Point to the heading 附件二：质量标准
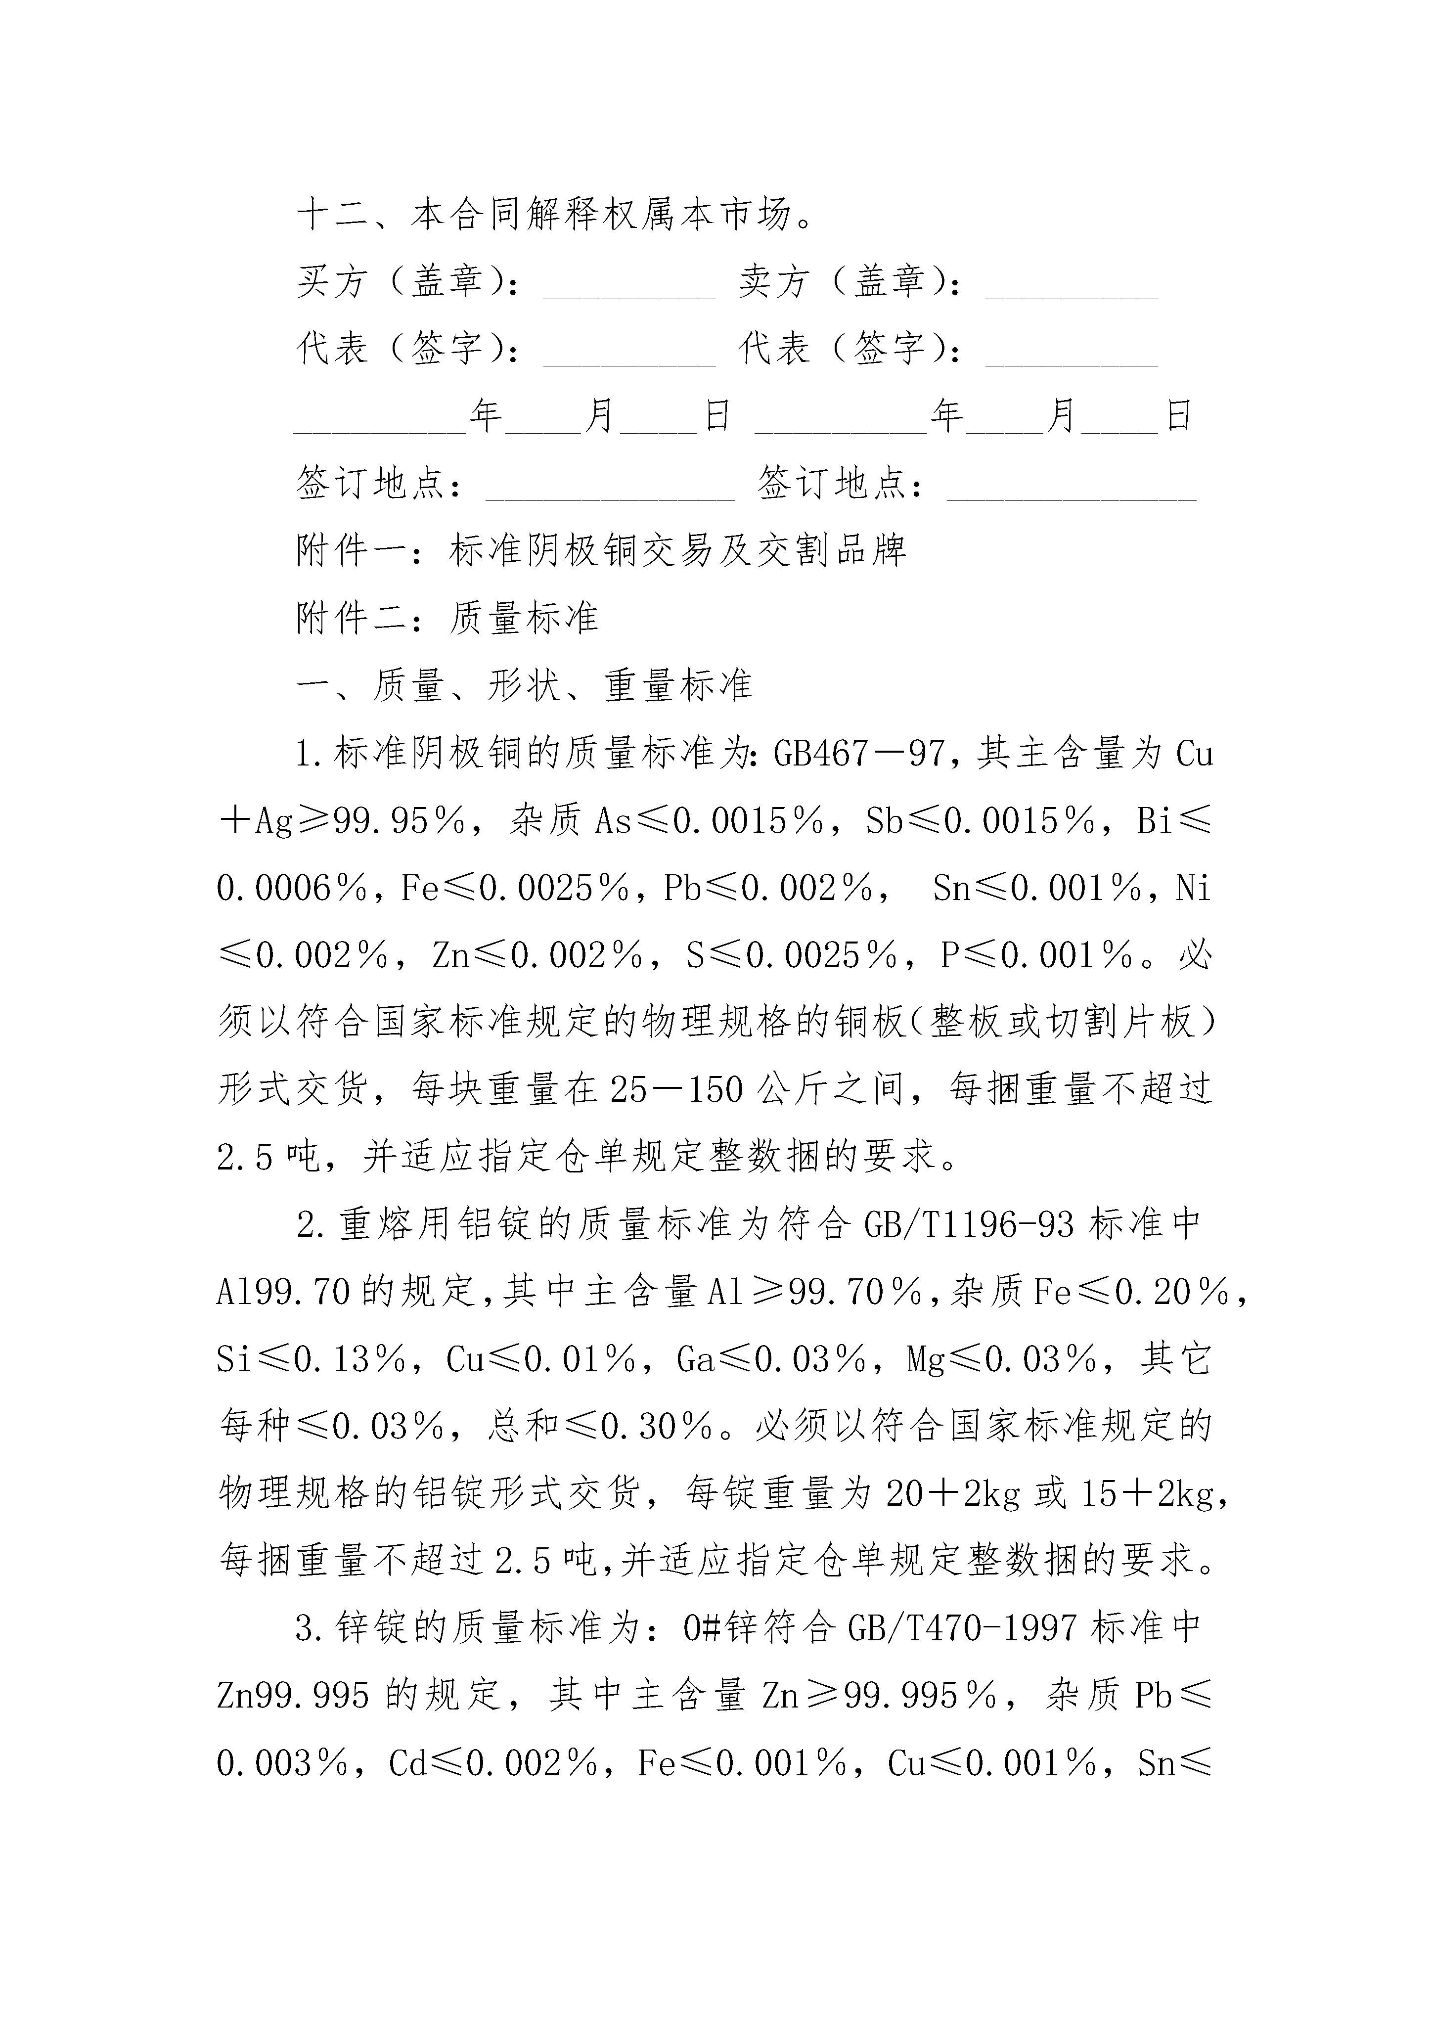coord(447,619)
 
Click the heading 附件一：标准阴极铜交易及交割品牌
coord(601,552)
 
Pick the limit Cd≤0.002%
coord(494,1763)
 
